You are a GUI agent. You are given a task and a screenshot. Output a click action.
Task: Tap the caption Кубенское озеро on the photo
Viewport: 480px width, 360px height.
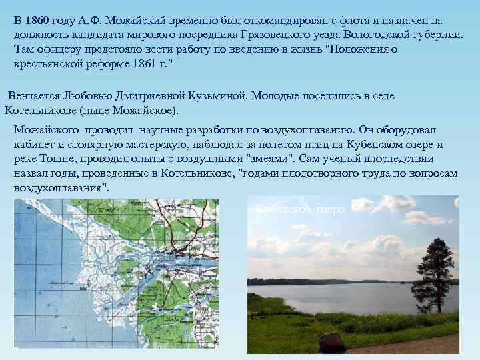[x=301, y=209]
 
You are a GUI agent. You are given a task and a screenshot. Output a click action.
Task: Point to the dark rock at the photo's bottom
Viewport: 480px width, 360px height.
[x=332, y=343]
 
